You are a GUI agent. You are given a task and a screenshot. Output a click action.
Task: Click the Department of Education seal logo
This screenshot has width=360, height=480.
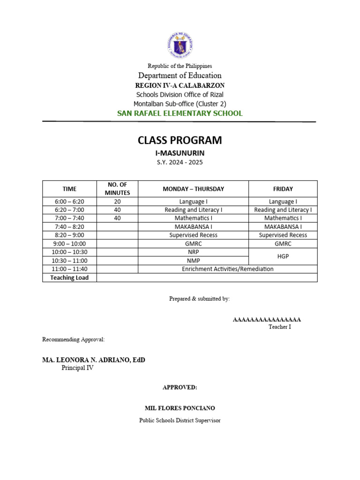(x=180, y=44)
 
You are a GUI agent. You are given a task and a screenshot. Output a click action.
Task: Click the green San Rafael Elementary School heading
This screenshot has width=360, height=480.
(x=180, y=113)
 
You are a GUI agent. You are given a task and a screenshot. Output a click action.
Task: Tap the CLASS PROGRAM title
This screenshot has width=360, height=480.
(x=180, y=140)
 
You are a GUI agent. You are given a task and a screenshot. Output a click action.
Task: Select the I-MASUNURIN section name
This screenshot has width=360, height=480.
(x=180, y=153)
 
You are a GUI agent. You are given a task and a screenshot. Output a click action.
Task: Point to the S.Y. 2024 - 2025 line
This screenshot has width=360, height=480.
(x=180, y=163)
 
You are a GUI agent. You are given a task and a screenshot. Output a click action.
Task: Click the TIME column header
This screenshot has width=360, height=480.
(x=69, y=189)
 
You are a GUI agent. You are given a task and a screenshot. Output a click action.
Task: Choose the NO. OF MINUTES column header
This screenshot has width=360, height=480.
(x=117, y=189)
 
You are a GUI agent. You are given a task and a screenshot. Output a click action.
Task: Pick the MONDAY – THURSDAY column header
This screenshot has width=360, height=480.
(x=193, y=189)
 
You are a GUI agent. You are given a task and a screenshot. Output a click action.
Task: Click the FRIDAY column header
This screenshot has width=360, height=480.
(x=283, y=189)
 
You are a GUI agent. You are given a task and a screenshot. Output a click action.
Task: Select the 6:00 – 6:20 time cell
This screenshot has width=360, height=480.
(x=69, y=202)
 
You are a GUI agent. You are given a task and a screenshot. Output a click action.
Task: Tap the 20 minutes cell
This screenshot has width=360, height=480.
(x=117, y=202)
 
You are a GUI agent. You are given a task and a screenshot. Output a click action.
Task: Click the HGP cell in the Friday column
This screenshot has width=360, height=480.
(x=283, y=256)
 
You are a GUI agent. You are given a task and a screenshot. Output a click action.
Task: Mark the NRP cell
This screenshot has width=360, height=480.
(x=193, y=252)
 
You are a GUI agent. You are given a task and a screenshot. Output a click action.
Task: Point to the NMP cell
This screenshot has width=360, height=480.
(x=193, y=261)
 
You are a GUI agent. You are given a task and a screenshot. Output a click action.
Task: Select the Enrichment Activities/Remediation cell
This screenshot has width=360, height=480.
(x=227, y=269)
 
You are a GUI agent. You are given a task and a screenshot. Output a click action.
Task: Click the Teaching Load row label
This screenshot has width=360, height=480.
(x=69, y=277)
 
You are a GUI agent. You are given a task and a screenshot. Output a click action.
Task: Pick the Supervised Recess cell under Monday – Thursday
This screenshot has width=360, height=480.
(x=193, y=235)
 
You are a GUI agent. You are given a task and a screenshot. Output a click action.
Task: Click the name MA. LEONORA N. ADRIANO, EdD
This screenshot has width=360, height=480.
(x=94, y=360)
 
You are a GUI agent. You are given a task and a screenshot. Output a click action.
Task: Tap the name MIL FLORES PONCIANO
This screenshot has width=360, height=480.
(x=180, y=408)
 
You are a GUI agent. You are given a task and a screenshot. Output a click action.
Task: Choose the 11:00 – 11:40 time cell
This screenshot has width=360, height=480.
(x=69, y=269)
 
